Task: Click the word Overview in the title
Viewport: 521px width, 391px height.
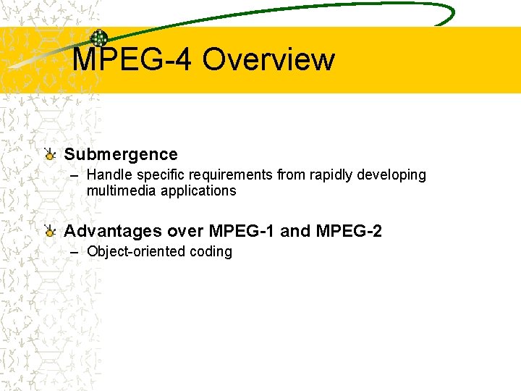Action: click(268, 60)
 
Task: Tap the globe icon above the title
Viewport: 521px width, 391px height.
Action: click(98, 39)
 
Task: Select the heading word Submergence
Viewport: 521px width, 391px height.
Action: click(120, 154)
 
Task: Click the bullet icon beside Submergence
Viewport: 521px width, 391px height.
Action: click(49, 154)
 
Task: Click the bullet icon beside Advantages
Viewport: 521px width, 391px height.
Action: click(49, 231)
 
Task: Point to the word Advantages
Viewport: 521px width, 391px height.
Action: click(113, 232)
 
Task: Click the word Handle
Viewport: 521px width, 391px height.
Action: click(106, 175)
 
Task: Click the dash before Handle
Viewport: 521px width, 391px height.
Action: click(75, 176)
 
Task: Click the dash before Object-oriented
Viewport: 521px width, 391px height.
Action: click(75, 253)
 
